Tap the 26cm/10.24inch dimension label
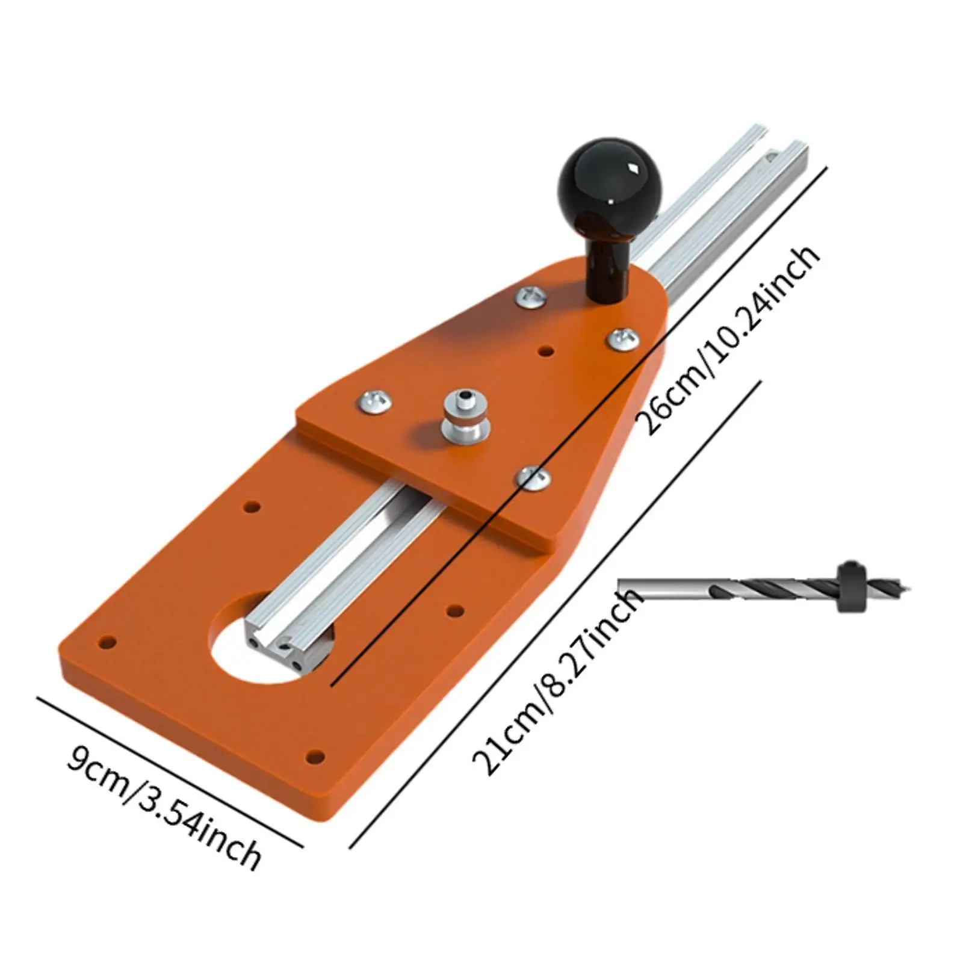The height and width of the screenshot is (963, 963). (730, 338)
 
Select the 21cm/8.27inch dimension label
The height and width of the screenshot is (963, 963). (557, 681)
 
